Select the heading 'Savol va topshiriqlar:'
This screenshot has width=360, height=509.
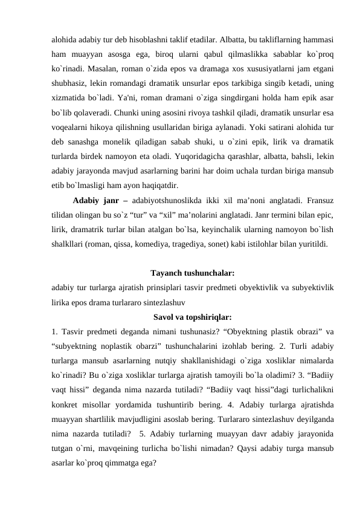click(x=192, y=316)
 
